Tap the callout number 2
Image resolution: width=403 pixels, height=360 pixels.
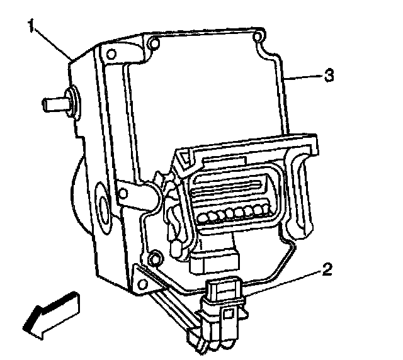(x=326, y=271)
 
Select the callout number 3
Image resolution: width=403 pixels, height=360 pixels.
(x=328, y=76)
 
